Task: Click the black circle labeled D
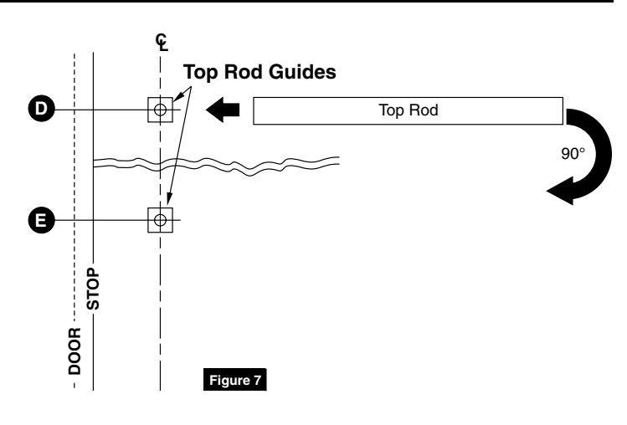click(x=42, y=109)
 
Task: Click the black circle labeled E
click(x=42, y=220)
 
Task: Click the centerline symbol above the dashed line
click(x=162, y=43)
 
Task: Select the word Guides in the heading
click(x=302, y=72)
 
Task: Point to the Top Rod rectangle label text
click(x=409, y=110)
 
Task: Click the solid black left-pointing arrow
click(x=223, y=110)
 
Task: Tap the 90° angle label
click(x=573, y=154)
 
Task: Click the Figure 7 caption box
click(x=235, y=380)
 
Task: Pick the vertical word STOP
click(x=93, y=289)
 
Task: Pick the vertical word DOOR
click(x=75, y=351)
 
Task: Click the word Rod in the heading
click(x=244, y=72)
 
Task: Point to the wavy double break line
click(x=216, y=164)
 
